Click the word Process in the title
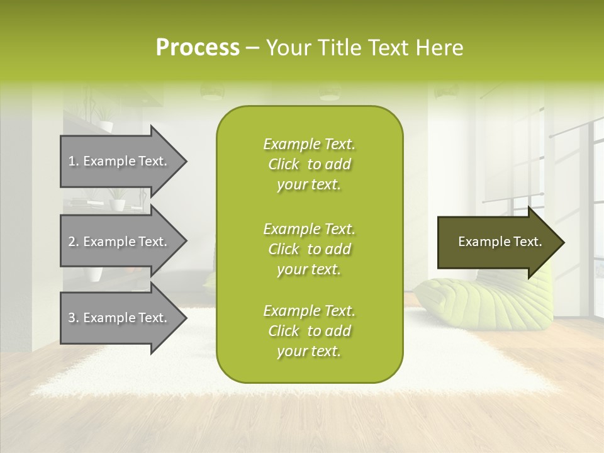(x=198, y=48)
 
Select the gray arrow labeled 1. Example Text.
(x=120, y=161)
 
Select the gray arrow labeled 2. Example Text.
(x=120, y=242)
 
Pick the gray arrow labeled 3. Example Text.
(x=120, y=318)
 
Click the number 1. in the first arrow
(x=74, y=162)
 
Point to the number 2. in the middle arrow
(x=74, y=242)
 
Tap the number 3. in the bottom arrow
(x=74, y=318)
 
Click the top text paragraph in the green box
(x=309, y=164)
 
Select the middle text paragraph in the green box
(x=309, y=249)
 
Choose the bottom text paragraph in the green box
(x=309, y=331)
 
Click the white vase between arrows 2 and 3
(x=95, y=274)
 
